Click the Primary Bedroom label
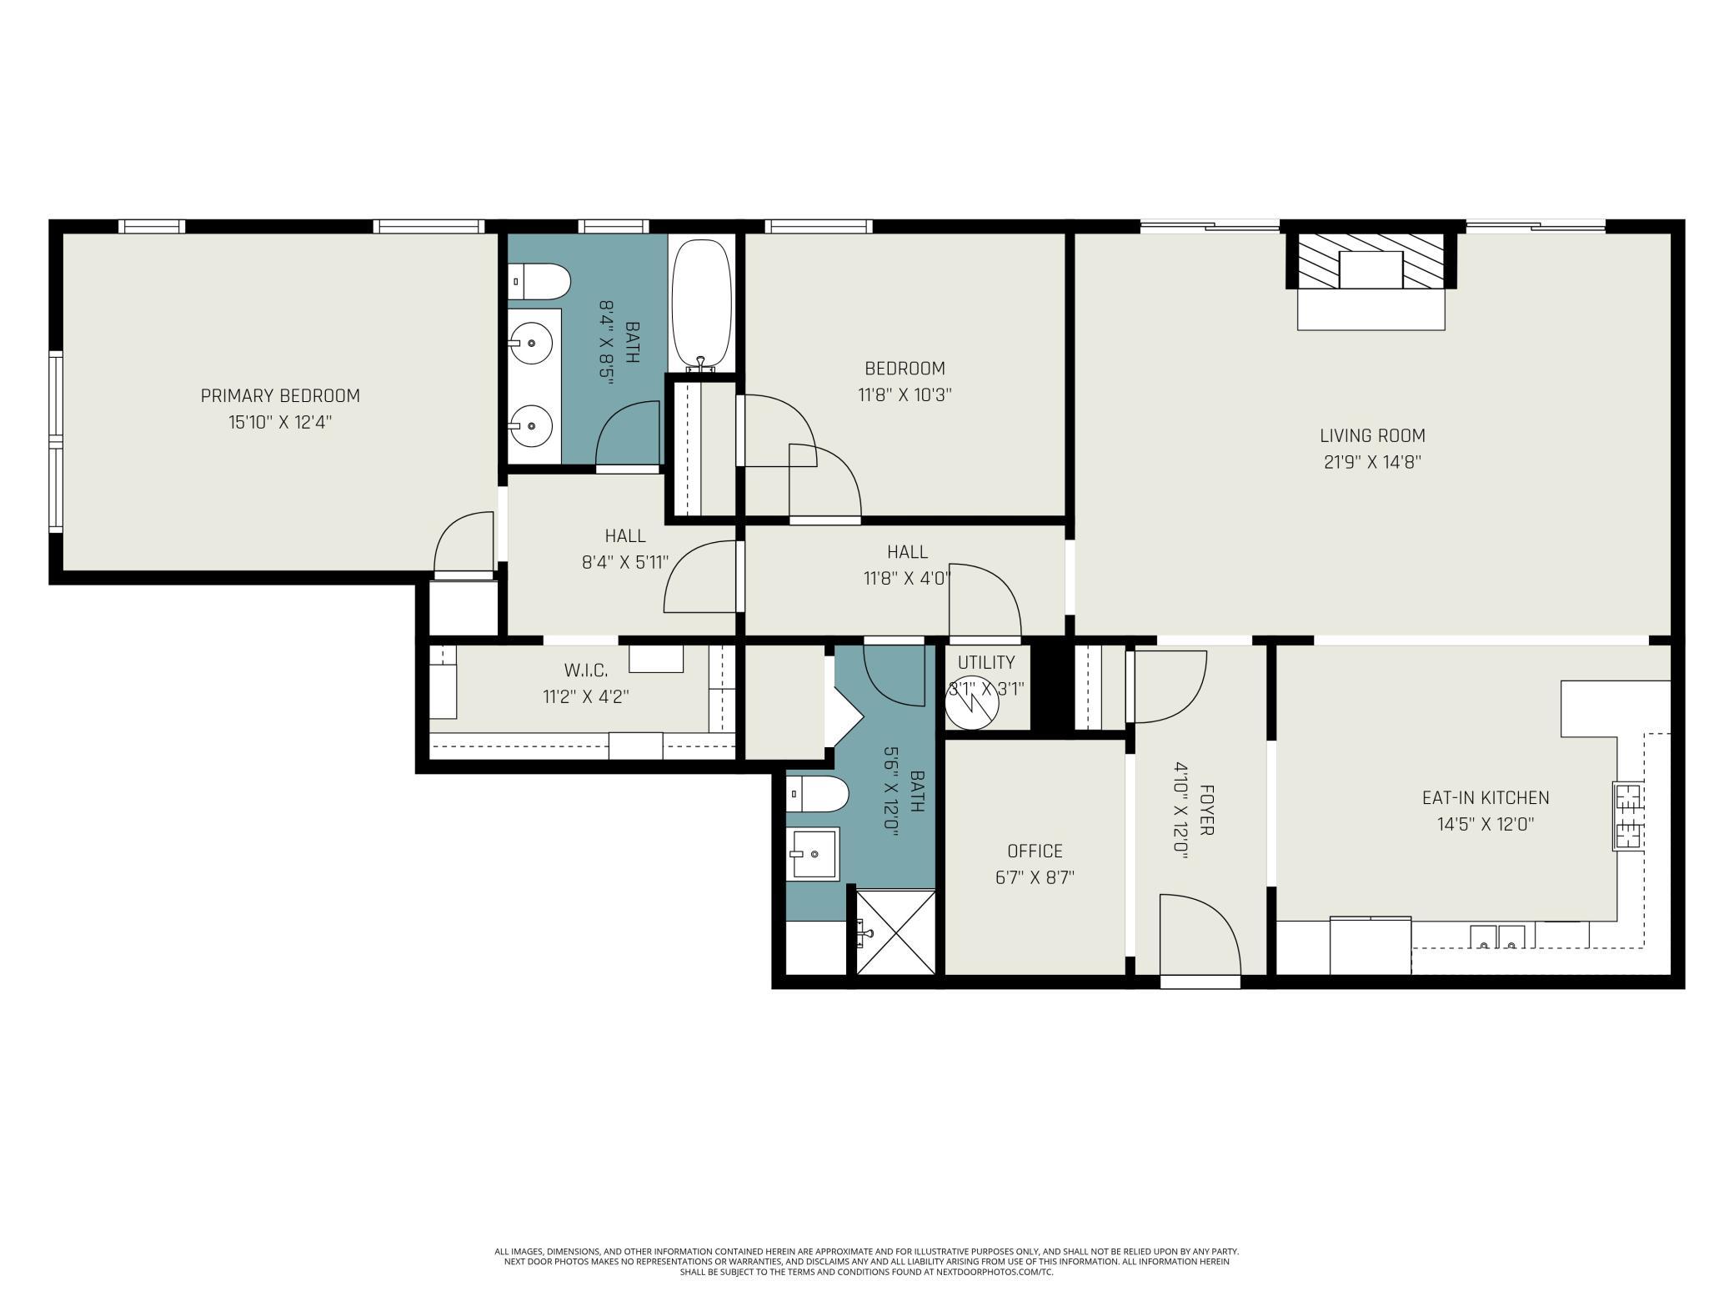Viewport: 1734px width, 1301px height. [x=280, y=395]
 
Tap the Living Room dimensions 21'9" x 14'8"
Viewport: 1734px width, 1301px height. [x=1372, y=462]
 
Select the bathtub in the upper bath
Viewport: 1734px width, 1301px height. [x=701, y=304]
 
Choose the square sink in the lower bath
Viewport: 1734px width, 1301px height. [x=814, y=853]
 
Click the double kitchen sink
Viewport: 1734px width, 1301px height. [x=1497, y=937]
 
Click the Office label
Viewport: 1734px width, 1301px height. [x=1035, y=851]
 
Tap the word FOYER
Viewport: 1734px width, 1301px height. [x=1206, y=810]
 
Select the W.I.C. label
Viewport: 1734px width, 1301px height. [x=586, y=670]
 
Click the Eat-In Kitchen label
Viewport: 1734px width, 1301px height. [x=1486, y=797]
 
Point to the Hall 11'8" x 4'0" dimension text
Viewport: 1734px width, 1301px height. [x=907, y=578]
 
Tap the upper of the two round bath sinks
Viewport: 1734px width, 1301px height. [x=531, y=343]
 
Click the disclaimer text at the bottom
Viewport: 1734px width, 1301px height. [x=867, y=1262]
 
